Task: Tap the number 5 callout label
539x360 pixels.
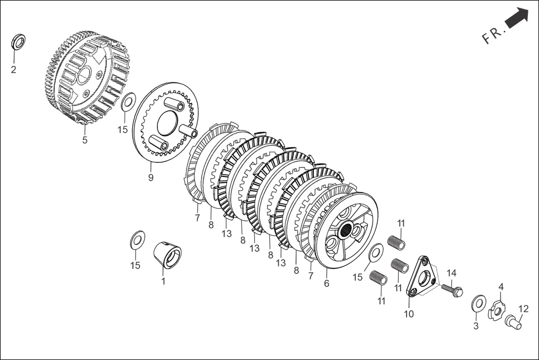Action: click(85, 140)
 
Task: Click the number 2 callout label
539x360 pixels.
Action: click(13, 70)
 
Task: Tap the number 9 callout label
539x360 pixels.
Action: click(150, 177)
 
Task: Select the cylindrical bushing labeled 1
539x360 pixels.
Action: click(167, 255)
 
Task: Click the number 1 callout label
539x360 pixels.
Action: click(163, 282)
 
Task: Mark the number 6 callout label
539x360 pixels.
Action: click(327, 284)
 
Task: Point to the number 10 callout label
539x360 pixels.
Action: click(409, 314)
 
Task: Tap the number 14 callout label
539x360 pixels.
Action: click(451, 273)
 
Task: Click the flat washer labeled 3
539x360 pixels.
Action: click(479, 304)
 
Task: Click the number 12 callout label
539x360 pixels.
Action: click(523, 309)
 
